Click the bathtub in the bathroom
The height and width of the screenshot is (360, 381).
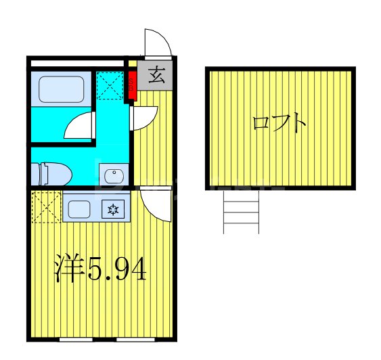[60, 89]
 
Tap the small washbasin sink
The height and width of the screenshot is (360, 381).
[114, 177]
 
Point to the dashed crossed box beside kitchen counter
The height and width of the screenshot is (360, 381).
[46, 207]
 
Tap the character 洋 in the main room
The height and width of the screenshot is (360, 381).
[68, 270]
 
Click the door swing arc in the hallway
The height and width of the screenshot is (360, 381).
[144, 118]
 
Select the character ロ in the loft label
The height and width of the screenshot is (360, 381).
[260, 125]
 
